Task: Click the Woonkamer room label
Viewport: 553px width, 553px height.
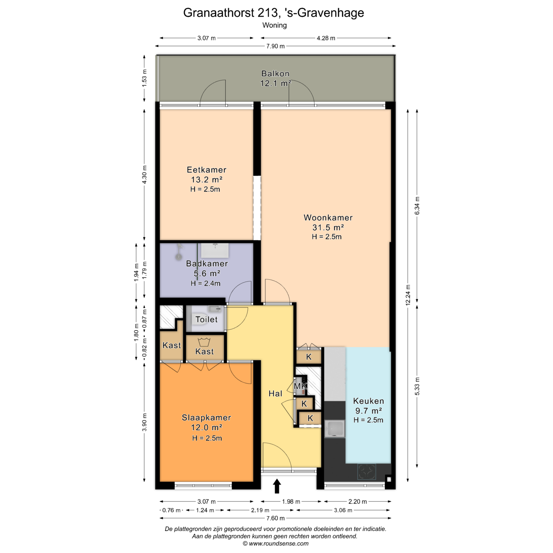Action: tap(328, 218)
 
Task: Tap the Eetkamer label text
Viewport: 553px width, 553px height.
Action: tap(207, 170)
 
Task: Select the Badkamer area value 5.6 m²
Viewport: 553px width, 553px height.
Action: tap(207, 273)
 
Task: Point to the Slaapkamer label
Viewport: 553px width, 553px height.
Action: tap(207, 418)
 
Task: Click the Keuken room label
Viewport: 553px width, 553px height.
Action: tap(368, 401)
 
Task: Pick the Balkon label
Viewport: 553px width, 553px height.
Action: tap(275, 74)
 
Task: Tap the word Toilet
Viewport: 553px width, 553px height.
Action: tap(207, 319)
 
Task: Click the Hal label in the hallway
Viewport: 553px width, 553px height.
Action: tap(275, 394)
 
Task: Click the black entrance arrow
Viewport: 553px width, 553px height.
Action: tap(277, 486)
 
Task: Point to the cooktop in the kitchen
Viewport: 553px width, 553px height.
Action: tap(367, 471)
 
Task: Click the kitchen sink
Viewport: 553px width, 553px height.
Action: tap(334, 428)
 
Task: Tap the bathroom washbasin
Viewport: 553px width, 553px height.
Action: tap(215, 250)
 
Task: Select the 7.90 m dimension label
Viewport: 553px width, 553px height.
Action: tap(275, 46)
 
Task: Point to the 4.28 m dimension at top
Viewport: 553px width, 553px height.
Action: tap(326, 38)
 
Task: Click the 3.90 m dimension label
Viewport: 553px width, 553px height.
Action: tap(144, 422)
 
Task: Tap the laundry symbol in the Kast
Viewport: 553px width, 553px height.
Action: tap(204, 342)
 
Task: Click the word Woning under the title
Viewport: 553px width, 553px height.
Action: tap(274, 25)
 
